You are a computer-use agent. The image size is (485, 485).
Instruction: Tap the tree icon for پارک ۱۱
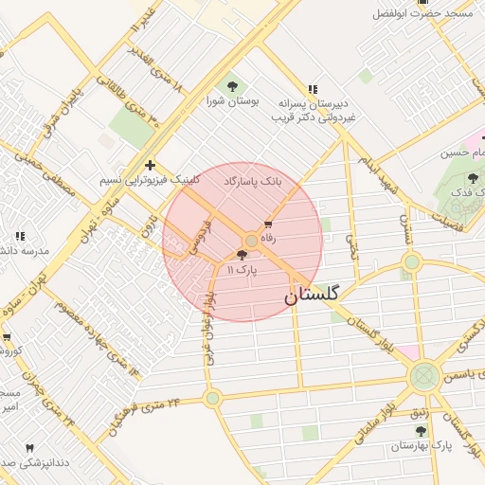click(242, 255)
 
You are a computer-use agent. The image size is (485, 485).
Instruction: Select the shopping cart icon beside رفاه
click(268, 225)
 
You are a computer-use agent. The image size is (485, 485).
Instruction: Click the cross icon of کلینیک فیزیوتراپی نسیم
click(150, 165)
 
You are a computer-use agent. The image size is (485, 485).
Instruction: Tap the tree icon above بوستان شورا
click(232, 86)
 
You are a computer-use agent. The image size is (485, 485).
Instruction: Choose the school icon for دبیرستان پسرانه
click(314, 88)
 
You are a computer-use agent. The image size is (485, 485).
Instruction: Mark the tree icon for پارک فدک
click(474, 177)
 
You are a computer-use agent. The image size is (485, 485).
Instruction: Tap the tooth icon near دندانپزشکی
click(29, 447)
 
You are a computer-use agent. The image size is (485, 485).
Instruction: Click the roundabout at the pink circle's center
click(252, 241)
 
